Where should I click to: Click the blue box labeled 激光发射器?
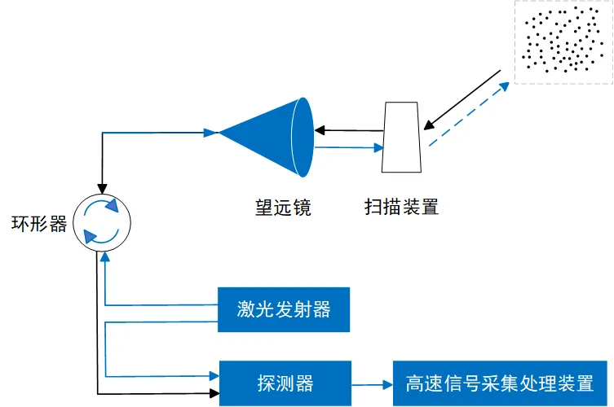coord(283,309)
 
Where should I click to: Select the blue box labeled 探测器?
coord(283,382)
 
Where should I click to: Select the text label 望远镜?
coord(283,208)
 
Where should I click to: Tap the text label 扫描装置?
coord(401,208)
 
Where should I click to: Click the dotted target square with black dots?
coord(563,42)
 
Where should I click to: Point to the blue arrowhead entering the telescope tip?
coord(211,132)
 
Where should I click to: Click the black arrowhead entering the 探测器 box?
coord(214,394)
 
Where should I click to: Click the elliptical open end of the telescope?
coord(303,137)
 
